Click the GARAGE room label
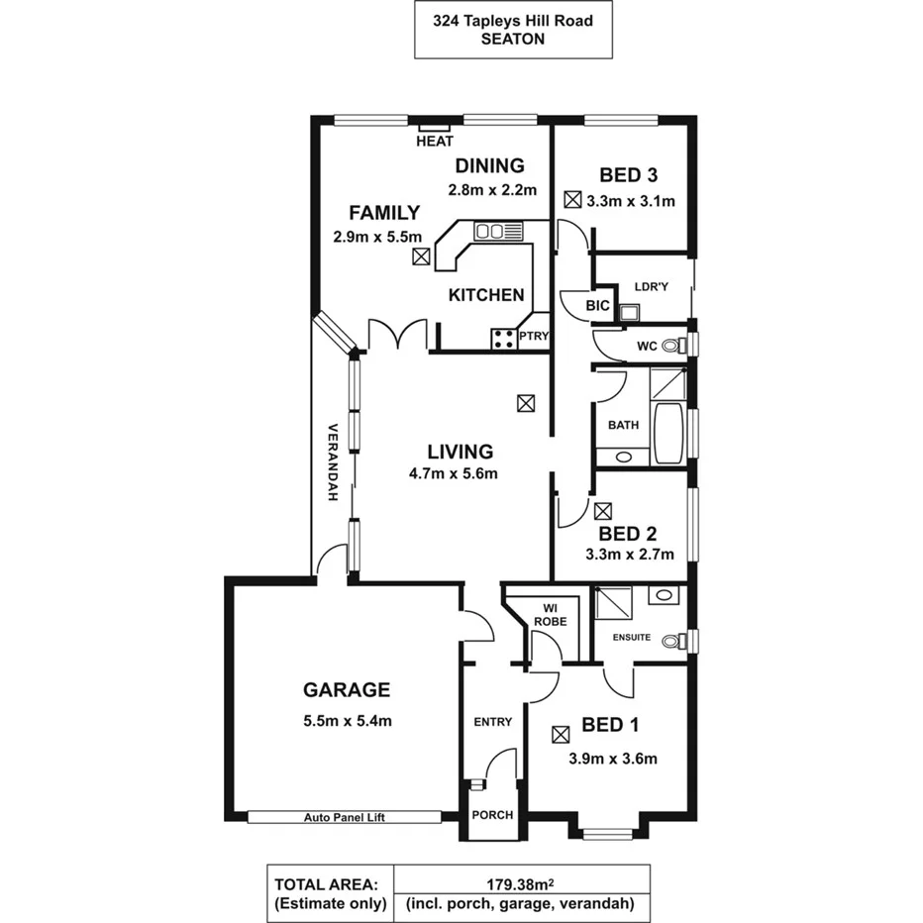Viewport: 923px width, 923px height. [346, 690]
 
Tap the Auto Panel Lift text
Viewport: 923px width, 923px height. [344, 818]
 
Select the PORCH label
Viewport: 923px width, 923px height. [492, 815]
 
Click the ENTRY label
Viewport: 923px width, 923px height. [492, 722]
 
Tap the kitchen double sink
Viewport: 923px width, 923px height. [497, 232]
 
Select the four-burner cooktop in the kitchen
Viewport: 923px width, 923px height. [504, 339]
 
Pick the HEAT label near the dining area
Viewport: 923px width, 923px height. [435, 142]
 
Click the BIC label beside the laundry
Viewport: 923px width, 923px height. [597, 306]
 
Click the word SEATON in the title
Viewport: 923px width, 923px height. [512, 41]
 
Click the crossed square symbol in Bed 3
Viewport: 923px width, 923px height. [571, 199]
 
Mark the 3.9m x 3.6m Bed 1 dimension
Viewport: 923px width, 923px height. [613, 760]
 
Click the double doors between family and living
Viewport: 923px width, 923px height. [397, 335]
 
